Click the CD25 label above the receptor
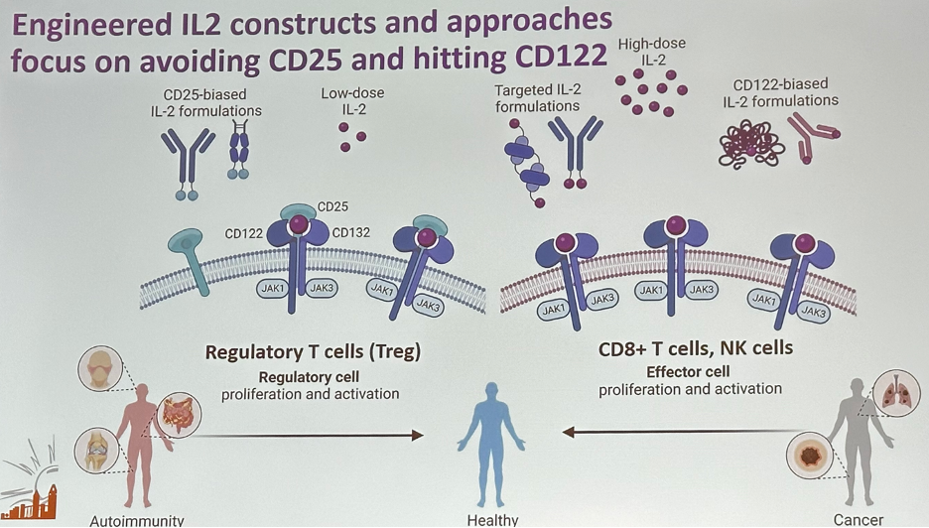pyautogui.click(x=332, y=206)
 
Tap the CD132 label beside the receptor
pyautogui.click(x=350, y=233)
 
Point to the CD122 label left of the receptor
pyautogui.click(x=243, y=234)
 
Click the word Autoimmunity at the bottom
pyautogui.click(x=137, y=521)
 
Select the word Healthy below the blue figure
pyautogui.click(x=492, y=520)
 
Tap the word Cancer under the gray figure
pyautogui.click(x=858, y=520)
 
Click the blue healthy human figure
pyautogui.click(x=491, y=445)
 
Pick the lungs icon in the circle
pyautogui.click(x=896, y=392)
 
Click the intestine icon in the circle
pyautogui.click(x=179, y=415)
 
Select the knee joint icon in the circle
pyautogui.click(x=97, y=451)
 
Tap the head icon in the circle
pyautogui.click(x=100, y=368)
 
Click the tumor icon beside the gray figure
pyautogui.click(x=810, y=456)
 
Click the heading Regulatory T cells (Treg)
pyautogui.click(x=313, y=352)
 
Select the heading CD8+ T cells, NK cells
pyautogui.click(x=696, y=348)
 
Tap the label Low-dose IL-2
pyautogui.click(x=352, y=101)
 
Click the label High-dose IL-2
pyautogui.click(x=652, y=51)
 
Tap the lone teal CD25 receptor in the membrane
pyautogui.click(x=190, y=261)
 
